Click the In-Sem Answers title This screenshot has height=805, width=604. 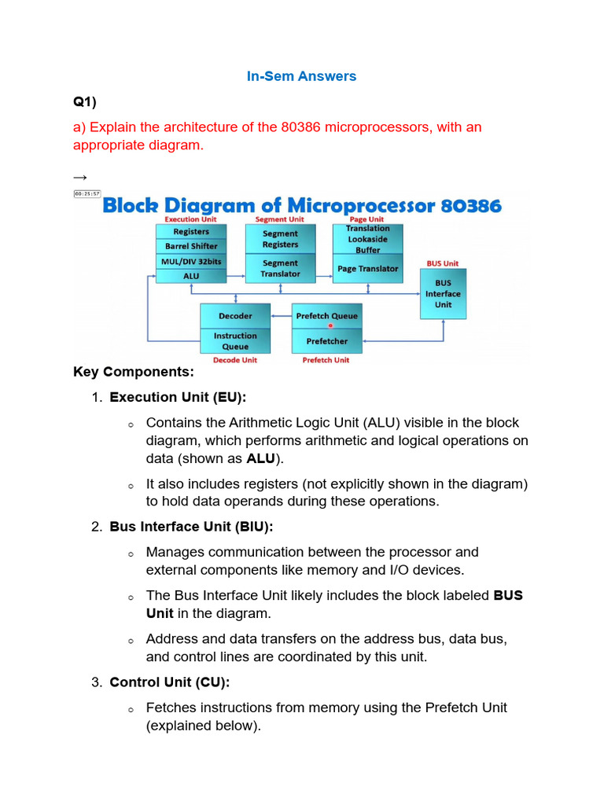[x=302, y=76]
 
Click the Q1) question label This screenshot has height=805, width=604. [x=85, y=102]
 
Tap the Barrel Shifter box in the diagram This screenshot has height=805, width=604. [x=191, y=246]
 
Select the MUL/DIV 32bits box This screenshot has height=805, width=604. [x=191, y=261]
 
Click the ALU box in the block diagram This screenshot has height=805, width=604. [x=191, y=276]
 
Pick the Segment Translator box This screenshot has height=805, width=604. [x=280, y=268]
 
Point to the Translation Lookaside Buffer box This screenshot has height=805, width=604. [x=367, y=239]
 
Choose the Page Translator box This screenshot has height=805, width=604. [x=367, y=269]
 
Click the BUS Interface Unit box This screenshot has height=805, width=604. [x=443, y=294]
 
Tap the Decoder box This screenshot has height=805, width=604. [x=235, y=316]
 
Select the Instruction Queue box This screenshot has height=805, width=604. [x=235, y=341]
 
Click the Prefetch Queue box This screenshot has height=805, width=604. [x=326, y=316]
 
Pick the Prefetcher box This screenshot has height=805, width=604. [x=326, y=341]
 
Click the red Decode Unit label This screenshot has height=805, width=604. [x=235, y=360]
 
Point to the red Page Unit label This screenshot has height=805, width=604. [x=366, y=219]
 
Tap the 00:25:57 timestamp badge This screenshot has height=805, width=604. [x=87, y=193]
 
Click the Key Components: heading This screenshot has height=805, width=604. [x=133, y=372]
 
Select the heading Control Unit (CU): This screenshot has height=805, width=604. [x=169, y=682]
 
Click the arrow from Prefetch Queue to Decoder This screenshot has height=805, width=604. [x=281, y=316]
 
